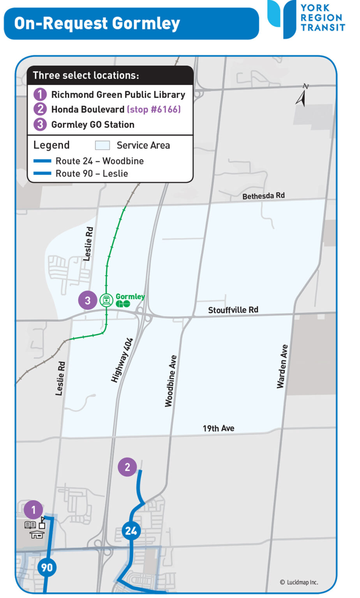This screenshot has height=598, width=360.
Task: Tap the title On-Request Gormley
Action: [x=97, y=23]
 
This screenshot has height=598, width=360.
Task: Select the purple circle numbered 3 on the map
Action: [x=87, y=301]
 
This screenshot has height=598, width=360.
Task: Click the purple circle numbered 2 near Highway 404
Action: [x=127, y=467]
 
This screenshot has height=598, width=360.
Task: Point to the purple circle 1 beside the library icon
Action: [x=33, y=510]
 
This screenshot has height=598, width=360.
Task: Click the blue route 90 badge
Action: [x=47, y=567]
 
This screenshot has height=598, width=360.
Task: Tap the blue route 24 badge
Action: [x=131, y=531]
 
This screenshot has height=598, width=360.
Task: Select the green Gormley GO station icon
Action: [x=106, y=300]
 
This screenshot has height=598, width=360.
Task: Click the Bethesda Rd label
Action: [x=263, y=196]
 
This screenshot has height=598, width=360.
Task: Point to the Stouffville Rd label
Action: [x=233, y=310]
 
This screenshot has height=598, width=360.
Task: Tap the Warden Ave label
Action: [x=282, y=366]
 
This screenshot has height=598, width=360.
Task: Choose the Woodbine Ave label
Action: [x=171, y=381]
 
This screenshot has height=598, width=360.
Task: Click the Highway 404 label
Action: [x=122, y=360]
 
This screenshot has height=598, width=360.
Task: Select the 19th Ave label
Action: [x=218, y=428]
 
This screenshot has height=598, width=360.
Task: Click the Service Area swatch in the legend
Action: [x=102, y=145]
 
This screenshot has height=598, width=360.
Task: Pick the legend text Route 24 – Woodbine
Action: [x=99, y=161]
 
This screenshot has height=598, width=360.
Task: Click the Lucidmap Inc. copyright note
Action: [x=299, y=582]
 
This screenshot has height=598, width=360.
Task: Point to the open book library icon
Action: [x=30, y=525]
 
